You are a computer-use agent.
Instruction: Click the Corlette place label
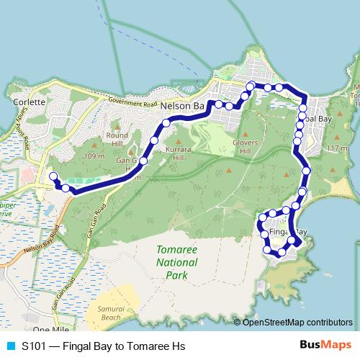(30, 102)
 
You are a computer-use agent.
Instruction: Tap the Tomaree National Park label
(171, 262)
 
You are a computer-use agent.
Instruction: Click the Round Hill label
(117, 139)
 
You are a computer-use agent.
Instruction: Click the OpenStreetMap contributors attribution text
(297, 322)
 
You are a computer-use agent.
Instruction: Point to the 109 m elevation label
(94, 156)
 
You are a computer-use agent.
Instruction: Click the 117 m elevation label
(336, 148)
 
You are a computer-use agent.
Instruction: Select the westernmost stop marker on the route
(52, 176)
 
